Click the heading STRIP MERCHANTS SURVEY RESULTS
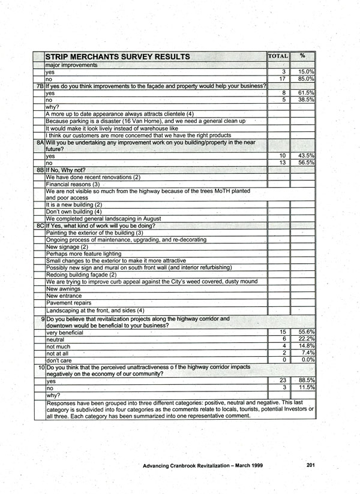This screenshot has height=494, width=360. tap(118, 57)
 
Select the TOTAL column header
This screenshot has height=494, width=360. tap(278, 56)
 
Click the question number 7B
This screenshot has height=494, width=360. tap(39, 86)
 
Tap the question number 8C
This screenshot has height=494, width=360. tap(39, 226)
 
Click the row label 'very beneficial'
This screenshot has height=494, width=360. tap(65, 332)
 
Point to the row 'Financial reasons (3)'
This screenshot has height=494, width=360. tap(73, 184)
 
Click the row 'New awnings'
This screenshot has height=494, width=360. tap(64, 288)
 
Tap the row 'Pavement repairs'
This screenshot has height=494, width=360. tap(68, 303)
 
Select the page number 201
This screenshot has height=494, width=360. tap(310, 465)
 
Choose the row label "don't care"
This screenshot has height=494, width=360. tap(59, 360)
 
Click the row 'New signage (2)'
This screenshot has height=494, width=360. tap(67, 247)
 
